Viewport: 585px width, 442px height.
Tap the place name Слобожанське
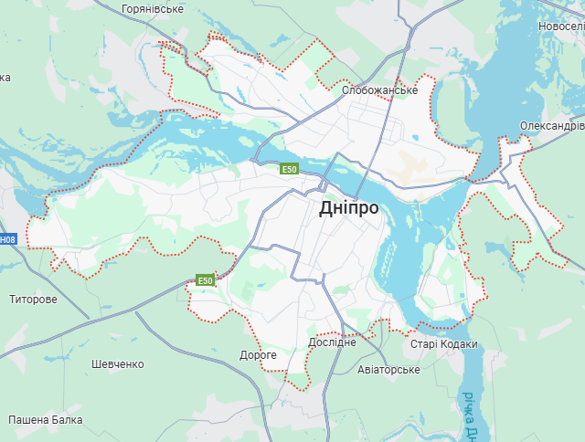pos(379,90)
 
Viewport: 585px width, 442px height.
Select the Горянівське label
pos(153,9)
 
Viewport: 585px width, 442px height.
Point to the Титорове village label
pos(33,300)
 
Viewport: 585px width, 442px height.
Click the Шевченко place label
pos(118,364)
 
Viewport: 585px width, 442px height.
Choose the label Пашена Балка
pos(46,420)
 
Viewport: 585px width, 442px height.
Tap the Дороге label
pos(258,354)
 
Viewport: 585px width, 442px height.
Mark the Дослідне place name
pos(332,342)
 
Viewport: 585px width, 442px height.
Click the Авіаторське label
pos(388,370)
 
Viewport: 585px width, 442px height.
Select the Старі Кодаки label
pos(443,344)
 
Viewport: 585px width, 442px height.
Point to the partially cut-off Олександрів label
pos(551,125)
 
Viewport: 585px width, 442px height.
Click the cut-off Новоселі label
pos(560,27)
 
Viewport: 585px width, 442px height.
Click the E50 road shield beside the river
pos(290,169)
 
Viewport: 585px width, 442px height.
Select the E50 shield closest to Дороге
pos(206,280)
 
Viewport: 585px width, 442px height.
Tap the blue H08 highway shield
pos(7,239)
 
